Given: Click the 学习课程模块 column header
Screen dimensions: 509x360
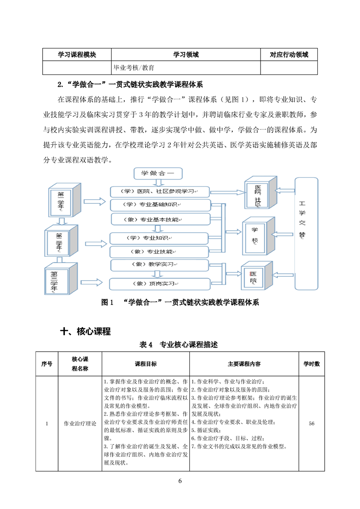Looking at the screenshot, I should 77,55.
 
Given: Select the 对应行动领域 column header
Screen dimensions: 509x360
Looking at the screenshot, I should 289,55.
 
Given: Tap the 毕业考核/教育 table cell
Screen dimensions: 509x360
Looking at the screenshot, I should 134,68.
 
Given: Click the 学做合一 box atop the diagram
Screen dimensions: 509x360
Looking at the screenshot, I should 158,173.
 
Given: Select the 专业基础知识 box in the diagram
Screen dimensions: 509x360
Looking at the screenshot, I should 160,206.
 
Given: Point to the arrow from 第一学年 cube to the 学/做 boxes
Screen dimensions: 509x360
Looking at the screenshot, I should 96,201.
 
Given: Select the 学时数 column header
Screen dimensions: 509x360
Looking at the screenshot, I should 311,364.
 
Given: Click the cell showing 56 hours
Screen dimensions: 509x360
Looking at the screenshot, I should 311,424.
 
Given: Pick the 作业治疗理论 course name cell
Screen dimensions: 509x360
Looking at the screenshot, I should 80,424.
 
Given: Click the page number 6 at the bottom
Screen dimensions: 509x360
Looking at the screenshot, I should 180,481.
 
